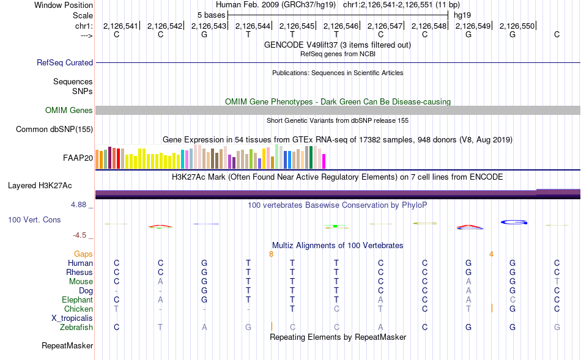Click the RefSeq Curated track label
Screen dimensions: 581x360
[65, 62]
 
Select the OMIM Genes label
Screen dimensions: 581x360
[69, 111]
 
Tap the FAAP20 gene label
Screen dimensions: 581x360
[78, 158]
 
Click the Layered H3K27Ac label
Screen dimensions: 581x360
[40, 186]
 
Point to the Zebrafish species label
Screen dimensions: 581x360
[76, 328]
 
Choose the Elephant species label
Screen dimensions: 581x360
[78, 300]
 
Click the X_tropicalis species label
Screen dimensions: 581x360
[72, 318]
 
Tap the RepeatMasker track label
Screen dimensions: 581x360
[67, 345]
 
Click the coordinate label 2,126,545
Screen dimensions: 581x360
[297, 26]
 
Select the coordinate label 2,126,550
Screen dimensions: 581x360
[517, 26]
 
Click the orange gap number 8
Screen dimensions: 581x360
[271, 254]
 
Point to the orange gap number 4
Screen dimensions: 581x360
[491, 254]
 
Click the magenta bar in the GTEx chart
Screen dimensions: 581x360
[324, 161]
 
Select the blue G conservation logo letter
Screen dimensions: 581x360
[514, 222]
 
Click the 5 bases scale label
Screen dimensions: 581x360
[211, 15]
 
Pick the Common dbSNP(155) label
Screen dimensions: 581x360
[54, 129]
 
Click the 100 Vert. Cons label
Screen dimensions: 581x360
[34, 219]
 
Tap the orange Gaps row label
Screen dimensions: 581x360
[83, 254]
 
